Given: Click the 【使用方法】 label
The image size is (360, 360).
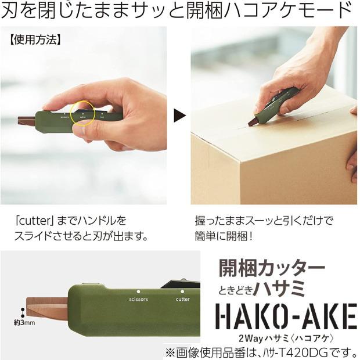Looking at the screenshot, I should [36, 41].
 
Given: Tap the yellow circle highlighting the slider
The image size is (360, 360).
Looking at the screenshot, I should [82, 113].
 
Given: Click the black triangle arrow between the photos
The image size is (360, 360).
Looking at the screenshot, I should [180, 114].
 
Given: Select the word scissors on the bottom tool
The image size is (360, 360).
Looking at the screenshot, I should [136, 300].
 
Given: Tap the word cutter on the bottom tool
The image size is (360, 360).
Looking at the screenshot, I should [182, 300].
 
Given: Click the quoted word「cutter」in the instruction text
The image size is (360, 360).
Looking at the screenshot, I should [38, 221].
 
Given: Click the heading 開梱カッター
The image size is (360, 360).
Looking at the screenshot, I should [271, 268].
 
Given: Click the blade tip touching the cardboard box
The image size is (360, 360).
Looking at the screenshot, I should [254, 123].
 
